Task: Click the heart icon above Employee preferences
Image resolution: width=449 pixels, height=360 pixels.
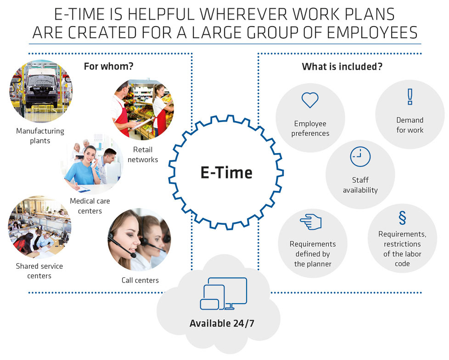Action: [x=310, y=100]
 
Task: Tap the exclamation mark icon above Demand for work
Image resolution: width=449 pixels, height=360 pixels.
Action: [x=410, y=97]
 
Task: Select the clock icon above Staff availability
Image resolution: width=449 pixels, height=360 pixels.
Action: [x=360, y=157]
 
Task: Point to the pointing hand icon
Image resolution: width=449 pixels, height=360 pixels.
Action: [x=311, y=222]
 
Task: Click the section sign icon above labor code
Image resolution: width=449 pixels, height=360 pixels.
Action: [x=402, y=218]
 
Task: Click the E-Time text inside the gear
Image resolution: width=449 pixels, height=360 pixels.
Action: [x=226, y=173]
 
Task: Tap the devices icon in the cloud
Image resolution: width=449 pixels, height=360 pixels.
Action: [x=224, y=294]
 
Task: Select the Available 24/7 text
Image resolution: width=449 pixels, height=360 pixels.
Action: [x=222, y=323]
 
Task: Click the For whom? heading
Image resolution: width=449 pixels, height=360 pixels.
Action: [x=108, y=66]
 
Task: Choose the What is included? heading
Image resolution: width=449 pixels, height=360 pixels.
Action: [x=342, y=66]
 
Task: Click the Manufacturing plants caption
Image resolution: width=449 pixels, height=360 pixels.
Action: [x=40, y=136]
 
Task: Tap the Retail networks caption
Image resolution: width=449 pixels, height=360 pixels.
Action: [x=143, y=155]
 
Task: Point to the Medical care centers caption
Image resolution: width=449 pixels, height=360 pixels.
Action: [x=90, y=206]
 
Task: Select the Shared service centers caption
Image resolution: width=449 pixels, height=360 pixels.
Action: [x=39, y=271]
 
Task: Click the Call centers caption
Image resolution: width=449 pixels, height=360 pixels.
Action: [x=140, y=280]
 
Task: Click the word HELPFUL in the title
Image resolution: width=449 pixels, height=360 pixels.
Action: [x=161, y=14]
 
